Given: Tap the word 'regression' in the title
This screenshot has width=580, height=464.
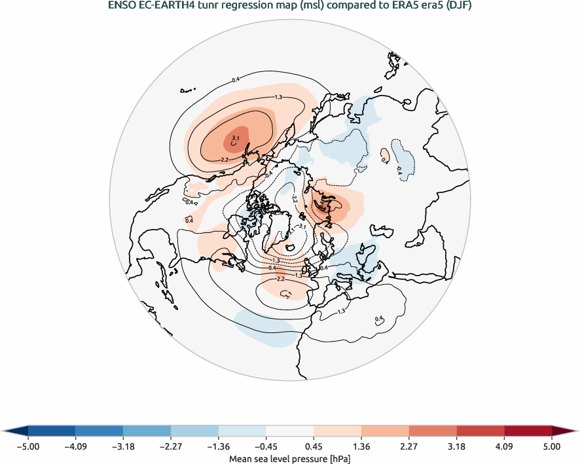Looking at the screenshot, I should pos(242,7).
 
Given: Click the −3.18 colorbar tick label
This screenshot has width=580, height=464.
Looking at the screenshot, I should pos(123,447).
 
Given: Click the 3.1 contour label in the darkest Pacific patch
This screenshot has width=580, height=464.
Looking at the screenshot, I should pos(236,137).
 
